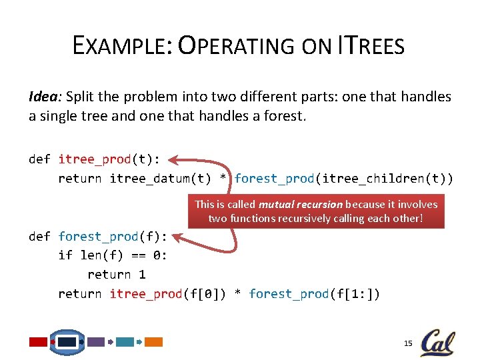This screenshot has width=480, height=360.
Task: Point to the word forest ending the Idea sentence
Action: point(283,116)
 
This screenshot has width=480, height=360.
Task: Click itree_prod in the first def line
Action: point(95,159)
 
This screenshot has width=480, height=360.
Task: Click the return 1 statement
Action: point(117,275)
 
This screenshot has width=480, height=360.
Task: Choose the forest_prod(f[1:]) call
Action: point(314,294)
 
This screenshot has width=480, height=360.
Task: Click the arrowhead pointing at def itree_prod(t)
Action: point(173,160)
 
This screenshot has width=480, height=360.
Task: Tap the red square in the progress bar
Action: point(39,342)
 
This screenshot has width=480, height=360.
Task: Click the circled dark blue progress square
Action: point(67,342)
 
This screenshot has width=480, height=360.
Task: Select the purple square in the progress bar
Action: point(96,342)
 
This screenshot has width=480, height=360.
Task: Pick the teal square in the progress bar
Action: point(125,342)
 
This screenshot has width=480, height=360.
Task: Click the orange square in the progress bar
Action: point(154,342)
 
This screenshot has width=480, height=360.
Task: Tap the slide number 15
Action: point(409,343)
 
